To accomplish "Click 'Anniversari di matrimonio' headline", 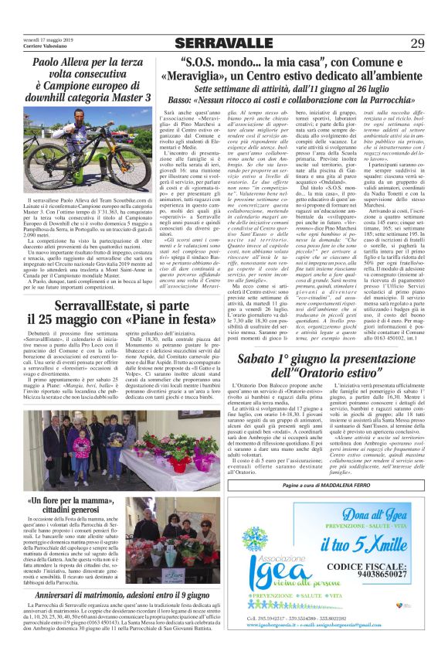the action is pyautogui.click(x=86, y=595).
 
